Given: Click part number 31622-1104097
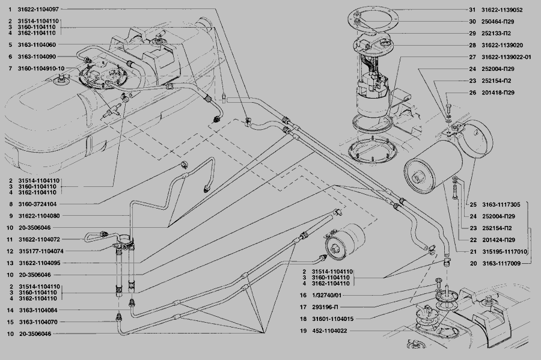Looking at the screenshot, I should [x=38, y=10].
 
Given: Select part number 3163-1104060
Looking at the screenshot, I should [x=37, y=45].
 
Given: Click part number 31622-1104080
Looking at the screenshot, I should [x=38, y=216].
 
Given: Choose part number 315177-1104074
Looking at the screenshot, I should [x=40, y=251].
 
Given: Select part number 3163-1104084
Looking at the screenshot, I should [x=37, y=310].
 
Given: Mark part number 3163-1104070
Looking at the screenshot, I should [x=37, y=322].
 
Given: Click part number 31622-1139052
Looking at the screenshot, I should [x=502, y=10].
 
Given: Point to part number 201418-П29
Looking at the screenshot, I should [x=499, y=93].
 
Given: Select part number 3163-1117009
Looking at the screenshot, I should [x=503, y=263].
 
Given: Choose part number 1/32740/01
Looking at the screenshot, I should [x=326, y=295].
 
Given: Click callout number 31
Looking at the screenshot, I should [x=472, y=10].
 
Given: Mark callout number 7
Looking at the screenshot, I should [x=10, y=69].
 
